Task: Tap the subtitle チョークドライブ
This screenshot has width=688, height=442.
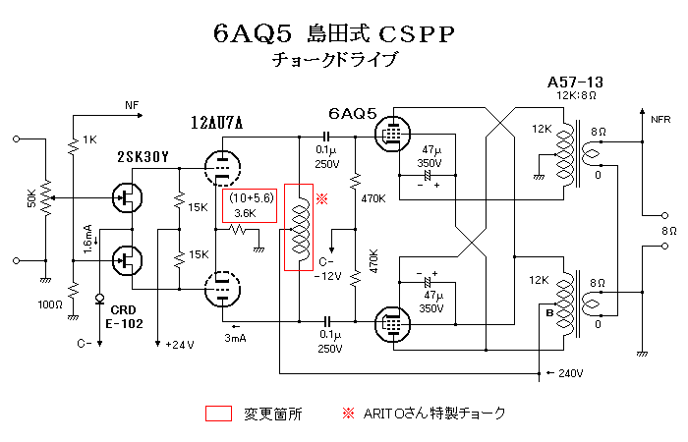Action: tap(339, 61)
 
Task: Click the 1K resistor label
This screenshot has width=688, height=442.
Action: tap(90, 140)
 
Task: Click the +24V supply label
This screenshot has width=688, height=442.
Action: tap(181, 345)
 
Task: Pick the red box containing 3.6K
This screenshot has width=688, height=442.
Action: tap(250, 205)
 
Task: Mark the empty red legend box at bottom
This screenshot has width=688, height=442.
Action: tap(220, 413)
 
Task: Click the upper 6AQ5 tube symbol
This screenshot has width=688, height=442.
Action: tap(392, 134)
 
